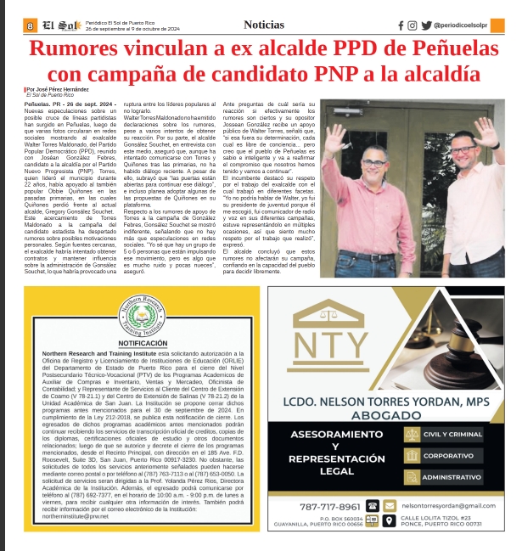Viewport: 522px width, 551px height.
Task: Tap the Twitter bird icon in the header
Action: [426, 25]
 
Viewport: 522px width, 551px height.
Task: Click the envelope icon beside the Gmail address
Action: [390, 505]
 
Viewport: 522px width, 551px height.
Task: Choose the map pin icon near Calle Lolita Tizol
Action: [389, 520]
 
